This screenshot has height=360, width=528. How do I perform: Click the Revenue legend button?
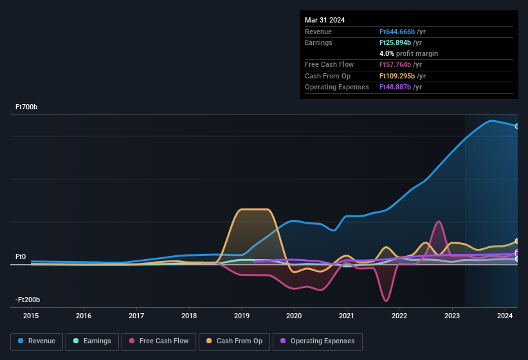[37, 341]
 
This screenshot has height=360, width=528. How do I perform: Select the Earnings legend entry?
[92, 341]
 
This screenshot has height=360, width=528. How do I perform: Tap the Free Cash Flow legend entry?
[158, 341]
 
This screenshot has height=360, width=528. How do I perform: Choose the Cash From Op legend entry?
[234, 341]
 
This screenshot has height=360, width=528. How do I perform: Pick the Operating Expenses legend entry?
[318, 341]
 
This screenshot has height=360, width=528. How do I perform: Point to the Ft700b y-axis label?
[27, 107]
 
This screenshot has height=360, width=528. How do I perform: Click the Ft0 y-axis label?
[20, 257]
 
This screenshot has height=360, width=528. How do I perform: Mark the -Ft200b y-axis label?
[28, 300]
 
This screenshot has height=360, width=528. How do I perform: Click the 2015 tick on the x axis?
[31, 316]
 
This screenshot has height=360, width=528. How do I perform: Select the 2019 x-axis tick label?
[242, 316]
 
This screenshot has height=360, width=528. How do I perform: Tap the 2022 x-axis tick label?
[399, 316]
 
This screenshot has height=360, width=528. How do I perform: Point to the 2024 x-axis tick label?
[505, 316]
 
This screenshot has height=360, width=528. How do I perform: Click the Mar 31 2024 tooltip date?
[325, 20]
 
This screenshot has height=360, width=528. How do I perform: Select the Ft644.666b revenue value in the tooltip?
[401, 32]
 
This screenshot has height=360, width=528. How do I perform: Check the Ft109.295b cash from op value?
[401, 76]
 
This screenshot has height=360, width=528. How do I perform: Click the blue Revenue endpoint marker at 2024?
[517, 126]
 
